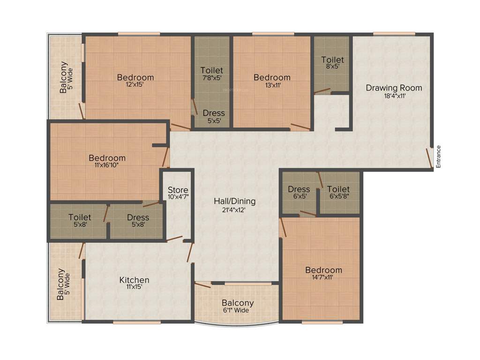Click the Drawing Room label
point(394,88)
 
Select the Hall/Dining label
point(235,201)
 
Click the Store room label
point(178,190)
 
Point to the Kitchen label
point(135,280)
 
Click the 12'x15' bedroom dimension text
point(135,85)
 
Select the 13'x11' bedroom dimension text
point(272,85)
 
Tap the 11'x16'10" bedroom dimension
point(107,166)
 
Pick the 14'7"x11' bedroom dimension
point(323,277)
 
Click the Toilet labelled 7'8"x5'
point(211,71)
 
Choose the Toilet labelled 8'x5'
point(332,60)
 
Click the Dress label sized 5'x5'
point(214,113)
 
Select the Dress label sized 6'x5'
point(299,189)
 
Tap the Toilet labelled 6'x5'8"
point(338,189)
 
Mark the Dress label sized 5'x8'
point(138,217)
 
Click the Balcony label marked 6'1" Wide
point(238,303)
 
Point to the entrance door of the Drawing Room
point(429,157)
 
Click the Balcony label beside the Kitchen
point(60,284)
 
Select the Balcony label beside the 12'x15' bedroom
point(63,77)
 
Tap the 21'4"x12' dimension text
point(235,210)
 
